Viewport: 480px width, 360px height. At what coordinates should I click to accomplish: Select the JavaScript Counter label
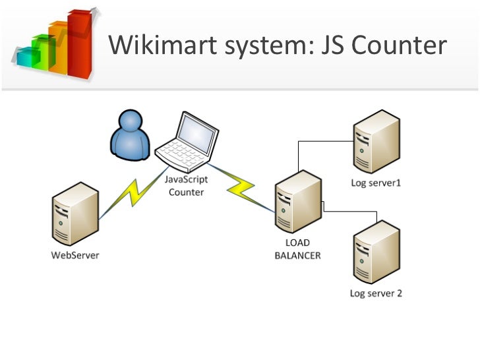[x=186, y=187]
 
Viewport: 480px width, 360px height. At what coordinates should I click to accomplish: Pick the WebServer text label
[x=76, y=255]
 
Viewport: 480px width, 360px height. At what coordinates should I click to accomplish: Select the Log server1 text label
[x=375, y=183]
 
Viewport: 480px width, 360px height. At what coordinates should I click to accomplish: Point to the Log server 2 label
[x=376, y=293]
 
